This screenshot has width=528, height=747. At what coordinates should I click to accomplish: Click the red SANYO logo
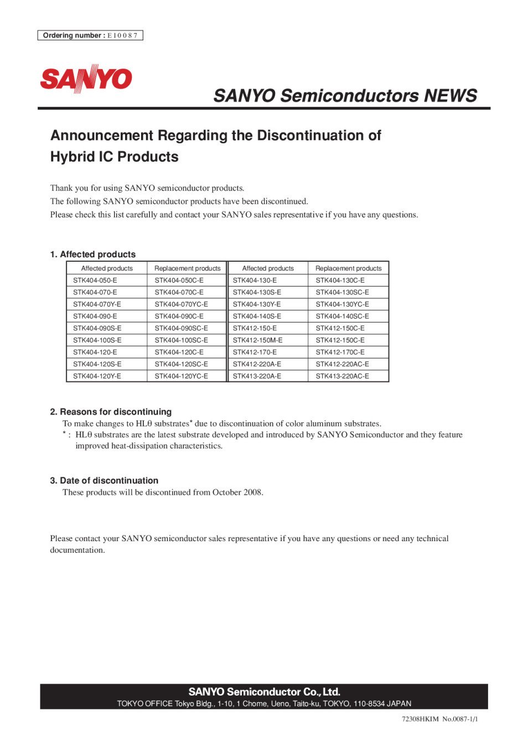pyautogui.click(x=86, y=79)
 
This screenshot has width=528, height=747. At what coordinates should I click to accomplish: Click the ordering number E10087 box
pyautogui.click(x=90, y=35)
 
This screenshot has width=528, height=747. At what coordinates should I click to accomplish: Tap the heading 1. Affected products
pyautogui.click(x=92, y=255)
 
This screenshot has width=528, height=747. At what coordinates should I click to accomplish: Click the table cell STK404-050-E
pyautogui.click(x=95, y=281)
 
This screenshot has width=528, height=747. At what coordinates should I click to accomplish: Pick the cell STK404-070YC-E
pyautogui.click(x=181, y=304)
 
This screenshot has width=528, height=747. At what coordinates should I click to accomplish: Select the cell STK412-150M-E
pyautogui.click(x=257, y=340)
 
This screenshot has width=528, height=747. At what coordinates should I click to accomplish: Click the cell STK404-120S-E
pyautogui.click(x=97, y=364)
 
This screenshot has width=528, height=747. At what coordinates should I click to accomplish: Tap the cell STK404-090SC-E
pyautogui.click(x=181, y=328)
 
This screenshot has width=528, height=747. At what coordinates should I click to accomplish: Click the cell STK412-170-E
pyautogui.click(x=255, y=352)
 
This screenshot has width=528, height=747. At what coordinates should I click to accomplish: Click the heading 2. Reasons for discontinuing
pyautogui.click(x=111, y=412)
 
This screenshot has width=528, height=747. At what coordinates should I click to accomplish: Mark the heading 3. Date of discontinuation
pyautogui.click(x=104, y=481)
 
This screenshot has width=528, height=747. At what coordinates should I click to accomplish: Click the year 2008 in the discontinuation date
pyautogui.click(x=252, y=492)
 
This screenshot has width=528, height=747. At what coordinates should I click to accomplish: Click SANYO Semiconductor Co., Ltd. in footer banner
pyautogui.click(x=264, y=692)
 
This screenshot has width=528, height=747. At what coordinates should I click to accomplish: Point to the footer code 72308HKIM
pyautogui.click(x=420, y=719)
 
